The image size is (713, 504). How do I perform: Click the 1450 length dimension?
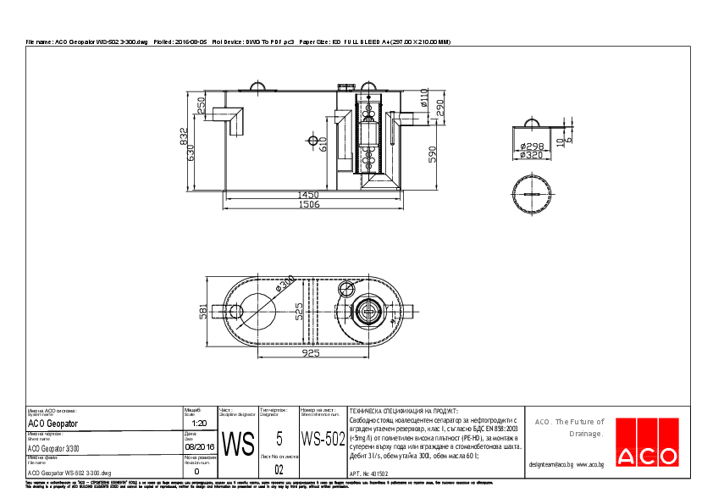308,194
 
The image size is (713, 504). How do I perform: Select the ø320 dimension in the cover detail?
532,155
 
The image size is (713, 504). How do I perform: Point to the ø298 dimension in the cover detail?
532,147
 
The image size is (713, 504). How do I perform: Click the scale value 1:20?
200,423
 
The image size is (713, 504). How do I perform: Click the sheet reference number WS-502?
323,439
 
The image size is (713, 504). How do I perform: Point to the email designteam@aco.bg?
551,465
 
